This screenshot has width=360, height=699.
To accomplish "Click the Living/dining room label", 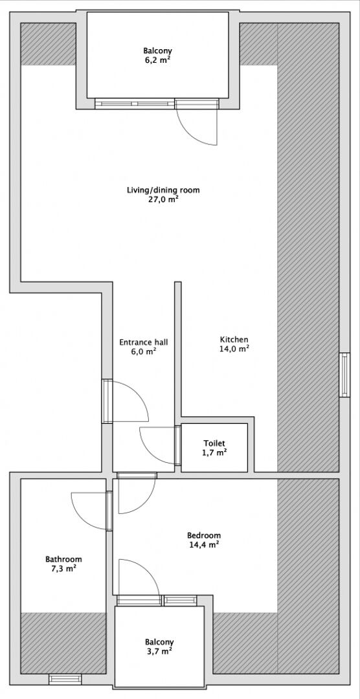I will click(x=163, y=190).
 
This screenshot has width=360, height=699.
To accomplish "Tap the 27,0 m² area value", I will click(x=163, y=200).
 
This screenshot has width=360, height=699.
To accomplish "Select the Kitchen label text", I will click(x=234, y=340).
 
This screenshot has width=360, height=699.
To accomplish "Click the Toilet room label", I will click(x=214, y=443).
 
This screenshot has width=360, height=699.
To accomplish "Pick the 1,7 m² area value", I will click(x=214, y=453).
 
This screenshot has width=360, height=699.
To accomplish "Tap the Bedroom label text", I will click(x=204, y=535).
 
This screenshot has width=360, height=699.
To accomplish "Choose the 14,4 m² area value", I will click(x=204, y=545).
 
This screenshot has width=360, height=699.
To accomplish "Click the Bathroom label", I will click(x=63, y=559).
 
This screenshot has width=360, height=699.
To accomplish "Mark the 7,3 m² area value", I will click(x=63, y=569).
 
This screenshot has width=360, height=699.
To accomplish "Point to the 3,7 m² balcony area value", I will click(x=159, y=652).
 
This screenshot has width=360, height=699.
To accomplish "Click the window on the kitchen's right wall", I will click(x=344, y=375).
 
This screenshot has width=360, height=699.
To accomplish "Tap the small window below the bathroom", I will click(x=65, y=678).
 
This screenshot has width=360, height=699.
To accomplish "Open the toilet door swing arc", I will click(x=155, y=445).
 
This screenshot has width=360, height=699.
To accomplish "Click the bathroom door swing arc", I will click(x=87, y=511).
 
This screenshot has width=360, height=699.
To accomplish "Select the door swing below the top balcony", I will click(x=197, y=126).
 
